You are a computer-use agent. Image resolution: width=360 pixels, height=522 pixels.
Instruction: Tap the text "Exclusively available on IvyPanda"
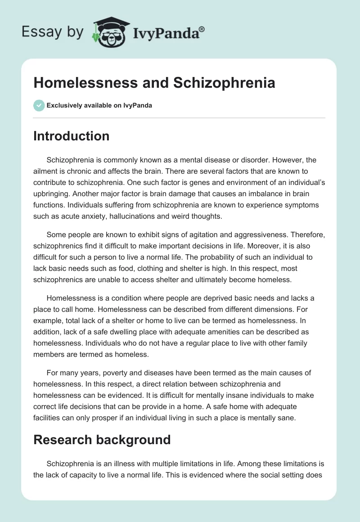tap(99, 105)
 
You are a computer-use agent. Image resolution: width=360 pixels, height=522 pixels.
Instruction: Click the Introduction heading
tap(71, 136)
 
